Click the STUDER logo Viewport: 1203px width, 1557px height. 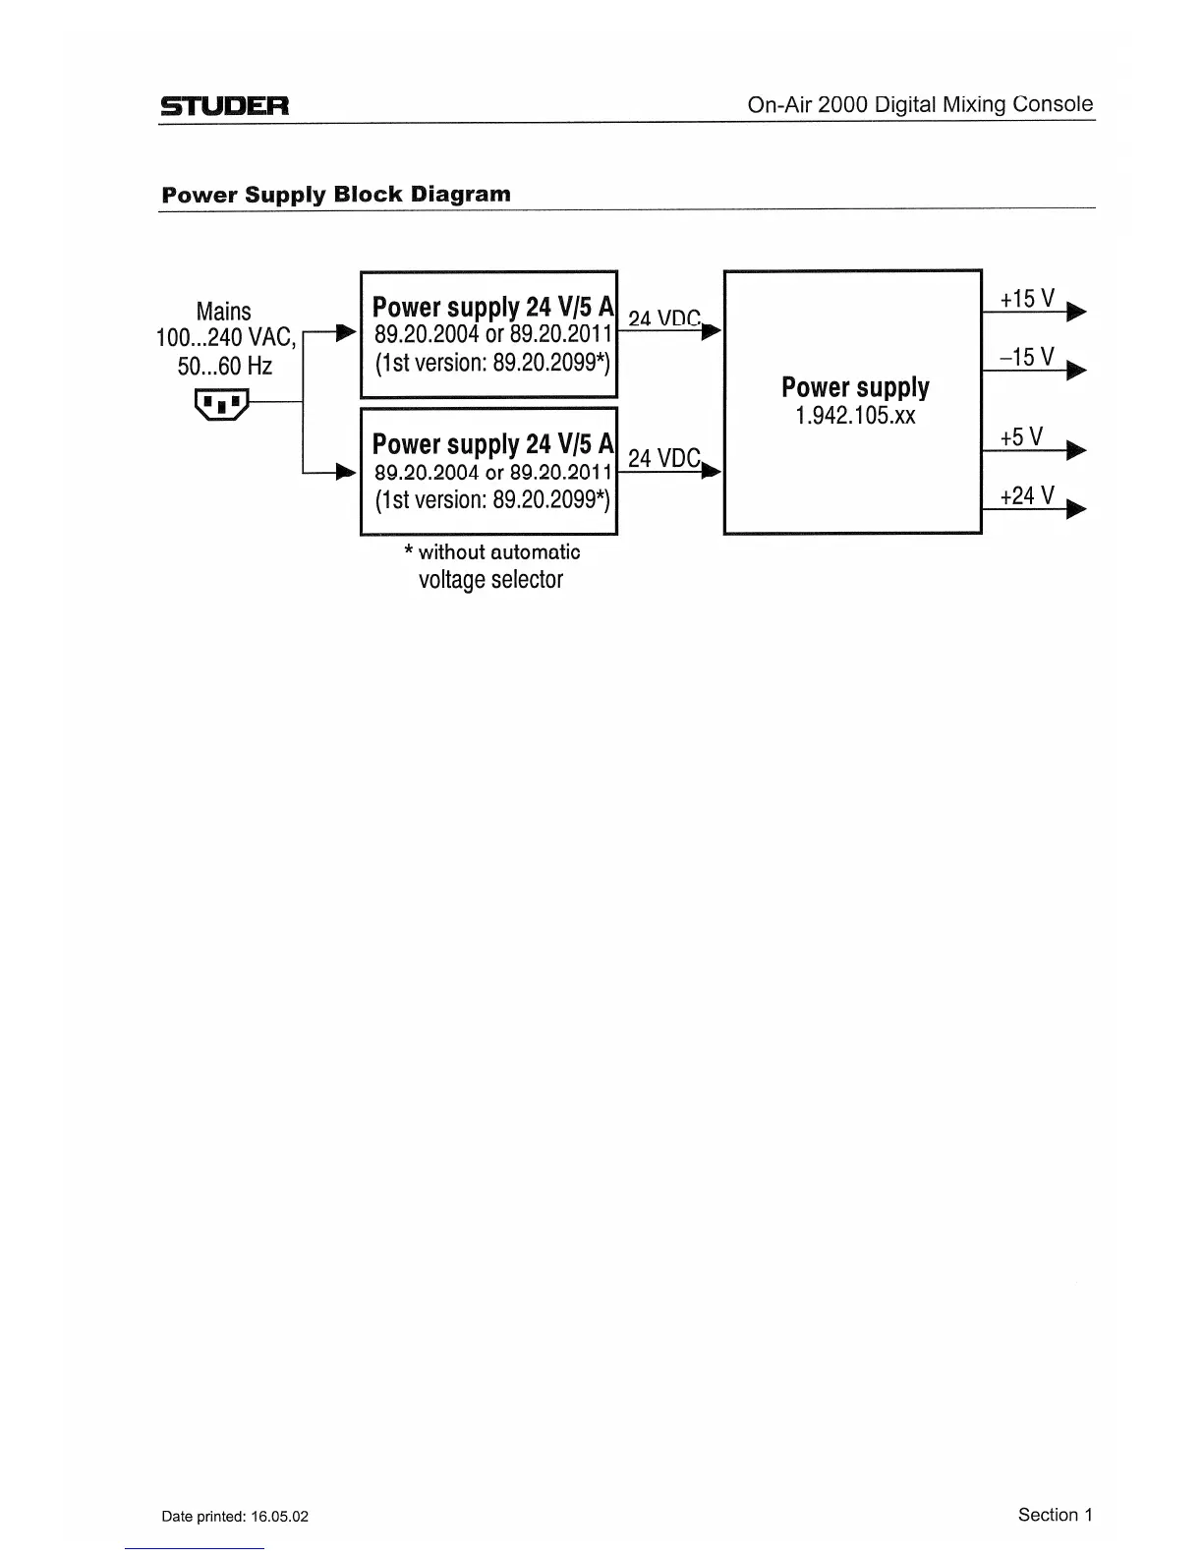(x=225, y=106)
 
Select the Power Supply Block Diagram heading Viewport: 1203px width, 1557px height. (x=336, y=194)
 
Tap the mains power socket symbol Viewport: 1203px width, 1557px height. (x=223, y=403)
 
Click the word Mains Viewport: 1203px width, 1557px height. (x=224, y=312)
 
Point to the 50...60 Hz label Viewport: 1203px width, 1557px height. (x=224, y=367)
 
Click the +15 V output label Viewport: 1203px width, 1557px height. (x=1027, y=299)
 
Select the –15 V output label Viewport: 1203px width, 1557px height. (x=1027, y=357)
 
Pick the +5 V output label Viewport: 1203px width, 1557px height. (x=1021, y=437)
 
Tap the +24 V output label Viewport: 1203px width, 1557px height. (x=1027, y=495)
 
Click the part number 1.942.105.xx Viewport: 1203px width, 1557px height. (x=855, y=416)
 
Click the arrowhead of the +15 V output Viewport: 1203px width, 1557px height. (x=1076, y=313)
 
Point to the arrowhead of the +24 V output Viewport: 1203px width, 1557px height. (x=1076, y=509)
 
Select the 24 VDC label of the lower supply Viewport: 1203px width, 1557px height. (x=663, y=458)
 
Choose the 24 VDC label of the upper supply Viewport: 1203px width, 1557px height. (x=663, y=317)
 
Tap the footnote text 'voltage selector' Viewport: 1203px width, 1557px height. (x=490, y=579)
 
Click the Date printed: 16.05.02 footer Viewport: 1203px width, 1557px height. (x=235, y=1516)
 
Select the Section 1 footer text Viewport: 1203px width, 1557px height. (x=1055, y=1515)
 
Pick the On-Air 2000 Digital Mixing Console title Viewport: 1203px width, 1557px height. (x=920, y=104)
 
